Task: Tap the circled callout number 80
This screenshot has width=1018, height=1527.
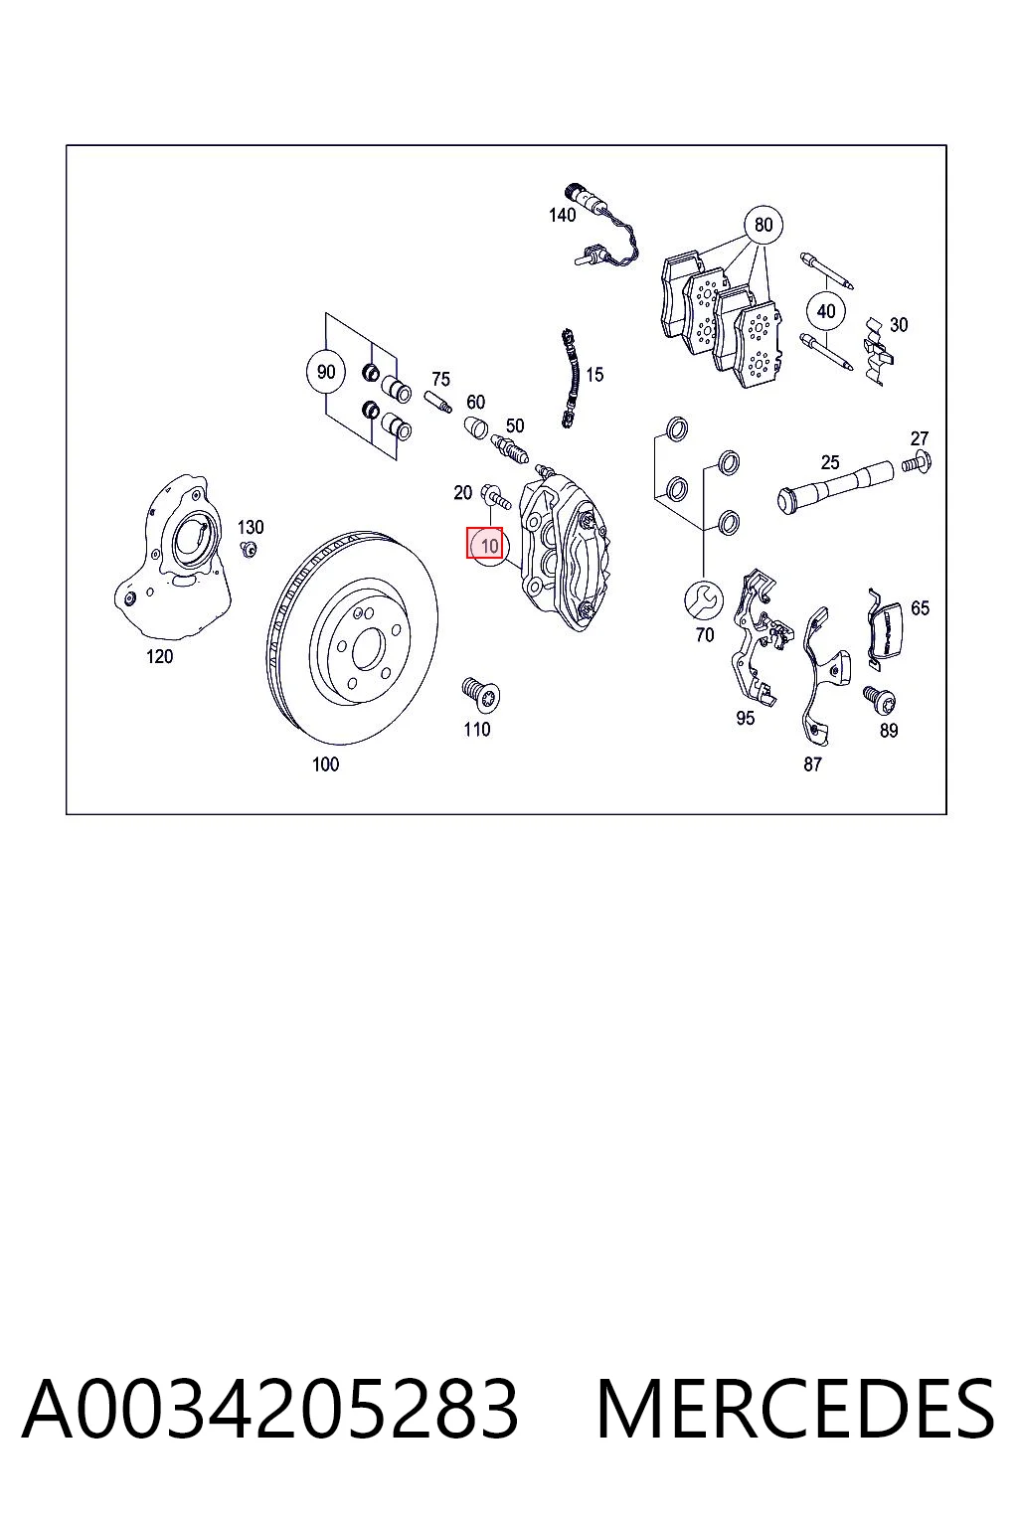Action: pyautogui.click(x=763, y=225)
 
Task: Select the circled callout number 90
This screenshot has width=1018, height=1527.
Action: pyautogui.click(x=326, y=372)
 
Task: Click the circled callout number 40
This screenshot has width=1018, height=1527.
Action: pyautogui.click(x=826, y=311)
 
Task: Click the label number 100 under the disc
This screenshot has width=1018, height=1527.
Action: pyautogui.click(x=325, y=764)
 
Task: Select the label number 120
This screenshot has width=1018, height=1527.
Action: pyautogui.click(x=159, y=656)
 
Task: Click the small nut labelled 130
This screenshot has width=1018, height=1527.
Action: pyautogui.click(x=250, y=548)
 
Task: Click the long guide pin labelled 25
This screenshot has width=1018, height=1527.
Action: pyautogui.click(x=836, y=487)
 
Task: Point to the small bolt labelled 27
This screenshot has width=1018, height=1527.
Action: pyautogui.click(x=917, y=462)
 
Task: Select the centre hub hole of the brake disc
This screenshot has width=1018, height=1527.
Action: pyautogui.click(x=369, y=646)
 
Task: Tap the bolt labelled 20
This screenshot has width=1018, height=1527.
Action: pyautogui.click(x=495, y=497)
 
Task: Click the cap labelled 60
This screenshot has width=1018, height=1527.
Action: pyautogui.click(x=476, y=427)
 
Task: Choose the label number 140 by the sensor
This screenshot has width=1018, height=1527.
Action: pyautogui.click(x=562, y=216)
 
